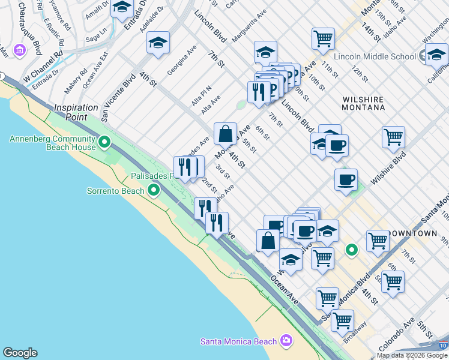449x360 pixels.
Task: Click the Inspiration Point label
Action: coord(76,112)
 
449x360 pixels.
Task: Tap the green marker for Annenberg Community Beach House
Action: coord(104,142)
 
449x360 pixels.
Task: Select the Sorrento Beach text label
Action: coord(116,191)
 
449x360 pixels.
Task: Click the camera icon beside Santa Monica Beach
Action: coord(286,341)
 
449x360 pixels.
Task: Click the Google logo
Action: coord(20,353)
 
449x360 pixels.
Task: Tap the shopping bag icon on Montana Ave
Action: coord(225,134)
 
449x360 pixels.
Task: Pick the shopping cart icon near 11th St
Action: coord(323,38)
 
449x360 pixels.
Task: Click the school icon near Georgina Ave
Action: coord(158,42)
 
